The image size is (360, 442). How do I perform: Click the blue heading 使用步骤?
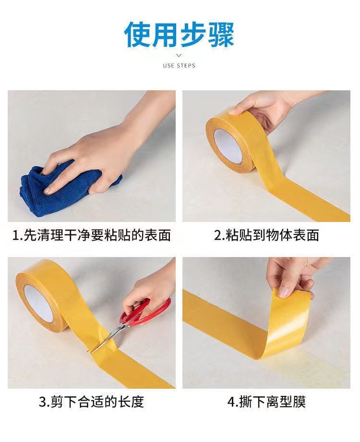(x=179, y=35)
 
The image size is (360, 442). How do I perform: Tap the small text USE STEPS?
(x=179, y=66)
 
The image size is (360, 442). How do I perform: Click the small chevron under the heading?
(x=179, y=56)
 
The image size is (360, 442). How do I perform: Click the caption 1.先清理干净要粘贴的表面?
(x=92, y=235)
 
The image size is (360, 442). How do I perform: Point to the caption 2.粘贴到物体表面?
(x=266, y=235)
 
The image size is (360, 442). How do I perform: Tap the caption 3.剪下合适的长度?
(x=92, y=402)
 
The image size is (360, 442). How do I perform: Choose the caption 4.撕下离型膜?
(x=266, y=402)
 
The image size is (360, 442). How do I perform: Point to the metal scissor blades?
(x=106, y=339)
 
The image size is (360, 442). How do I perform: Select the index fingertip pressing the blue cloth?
(x=48, y=191)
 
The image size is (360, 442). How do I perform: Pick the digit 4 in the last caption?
(x=231, y=402)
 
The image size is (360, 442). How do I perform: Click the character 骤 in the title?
(x=221, y=35)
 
